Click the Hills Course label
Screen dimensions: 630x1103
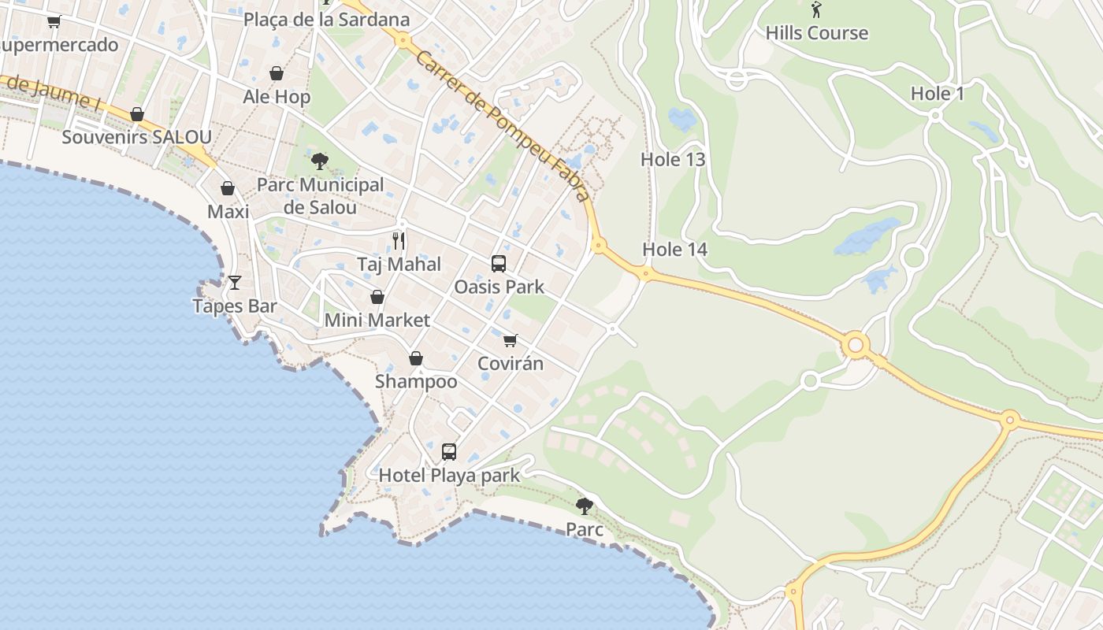[816, 33]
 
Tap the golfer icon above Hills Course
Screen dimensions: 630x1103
[816, 10]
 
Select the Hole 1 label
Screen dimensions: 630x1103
[937, 94]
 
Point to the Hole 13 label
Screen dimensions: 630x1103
[672, 159]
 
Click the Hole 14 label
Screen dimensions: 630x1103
[674, 250]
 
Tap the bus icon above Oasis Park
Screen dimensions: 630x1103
[499, 264]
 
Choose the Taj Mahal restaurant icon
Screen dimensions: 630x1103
[399, 241]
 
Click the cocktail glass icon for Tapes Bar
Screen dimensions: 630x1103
[235, 282]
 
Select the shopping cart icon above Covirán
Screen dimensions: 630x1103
[511, 340]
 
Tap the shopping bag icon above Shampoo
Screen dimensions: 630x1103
[416, 359]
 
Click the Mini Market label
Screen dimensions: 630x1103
[377, 321]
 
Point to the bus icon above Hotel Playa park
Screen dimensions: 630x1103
[449, 452]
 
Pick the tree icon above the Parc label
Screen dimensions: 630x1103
[584, 506]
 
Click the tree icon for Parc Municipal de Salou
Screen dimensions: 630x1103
[320, 161]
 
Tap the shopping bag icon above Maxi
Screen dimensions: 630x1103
[228, 189]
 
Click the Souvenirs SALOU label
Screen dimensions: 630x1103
[136, 137]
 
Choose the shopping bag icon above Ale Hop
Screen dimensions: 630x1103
[277, 74]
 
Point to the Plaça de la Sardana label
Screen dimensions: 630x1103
[326, 20]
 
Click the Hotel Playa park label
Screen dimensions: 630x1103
[449, 475]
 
